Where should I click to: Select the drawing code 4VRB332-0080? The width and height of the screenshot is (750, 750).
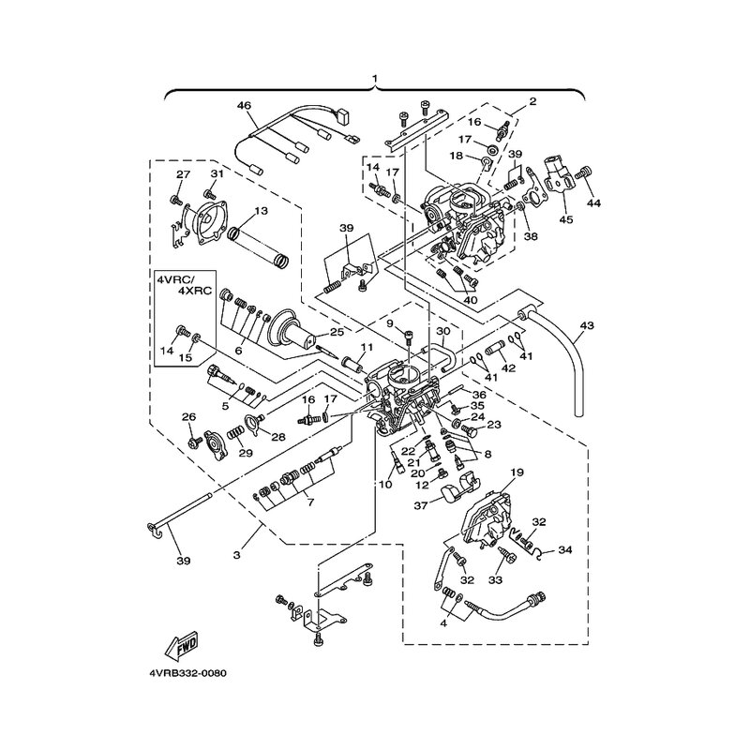(188, 673)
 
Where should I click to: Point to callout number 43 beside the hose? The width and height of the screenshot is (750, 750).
(587, 325)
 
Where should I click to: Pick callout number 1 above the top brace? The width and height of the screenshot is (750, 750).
(375, 78)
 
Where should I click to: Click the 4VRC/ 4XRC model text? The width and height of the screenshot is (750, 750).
(184, 285)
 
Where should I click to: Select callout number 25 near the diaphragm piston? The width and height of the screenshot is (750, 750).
(337, 332)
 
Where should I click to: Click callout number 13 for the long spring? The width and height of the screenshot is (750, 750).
(262, 211)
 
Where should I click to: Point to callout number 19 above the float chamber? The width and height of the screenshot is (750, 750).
(517, 472)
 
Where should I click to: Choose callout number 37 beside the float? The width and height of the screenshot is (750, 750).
(421, 505)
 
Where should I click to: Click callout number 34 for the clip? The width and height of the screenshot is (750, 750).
(565, 550)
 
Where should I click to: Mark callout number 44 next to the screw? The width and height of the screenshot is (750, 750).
(593, 203)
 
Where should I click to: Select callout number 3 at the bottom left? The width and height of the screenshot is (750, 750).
(237, 555)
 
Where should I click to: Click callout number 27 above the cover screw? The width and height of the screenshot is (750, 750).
(183, 174)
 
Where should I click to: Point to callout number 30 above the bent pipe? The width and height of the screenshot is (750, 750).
(443, 331)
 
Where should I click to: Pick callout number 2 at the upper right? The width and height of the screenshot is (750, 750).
(532, 101)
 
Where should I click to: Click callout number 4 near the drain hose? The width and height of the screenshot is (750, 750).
(443, 623)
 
